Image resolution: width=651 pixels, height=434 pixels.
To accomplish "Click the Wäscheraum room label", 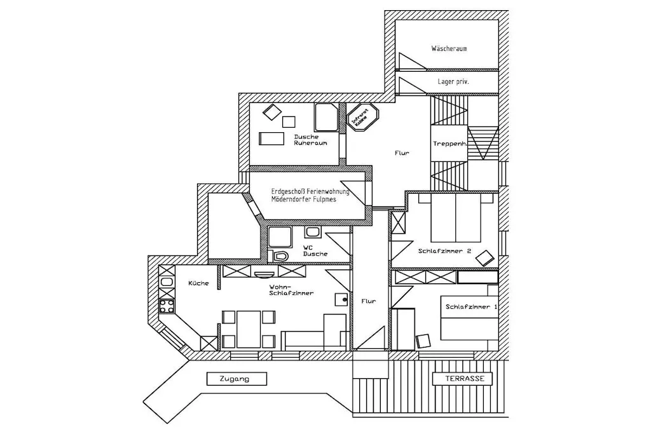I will click(x=449, y=48).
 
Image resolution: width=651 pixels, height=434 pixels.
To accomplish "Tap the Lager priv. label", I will click(x=453, y=82).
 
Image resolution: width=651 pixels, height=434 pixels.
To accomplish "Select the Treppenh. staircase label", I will click(x=449, y=144).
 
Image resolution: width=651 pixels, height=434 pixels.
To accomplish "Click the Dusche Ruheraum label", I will click(x=310, y=140).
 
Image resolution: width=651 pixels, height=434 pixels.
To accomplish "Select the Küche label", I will click(x=198, y=283).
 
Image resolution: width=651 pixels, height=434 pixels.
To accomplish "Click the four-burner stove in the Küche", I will click(x=167, y=307).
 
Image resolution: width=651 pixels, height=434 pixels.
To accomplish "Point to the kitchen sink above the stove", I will click(x=167, y=281).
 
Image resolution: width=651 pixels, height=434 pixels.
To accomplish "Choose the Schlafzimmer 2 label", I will click(x=444, y=250).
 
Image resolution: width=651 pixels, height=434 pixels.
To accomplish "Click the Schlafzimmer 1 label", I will click(x=471, y=307).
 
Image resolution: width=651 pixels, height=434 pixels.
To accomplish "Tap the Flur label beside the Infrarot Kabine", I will click(x=401, y=153).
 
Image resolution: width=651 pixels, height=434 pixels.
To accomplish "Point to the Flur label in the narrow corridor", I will click(x=369, y=302).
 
